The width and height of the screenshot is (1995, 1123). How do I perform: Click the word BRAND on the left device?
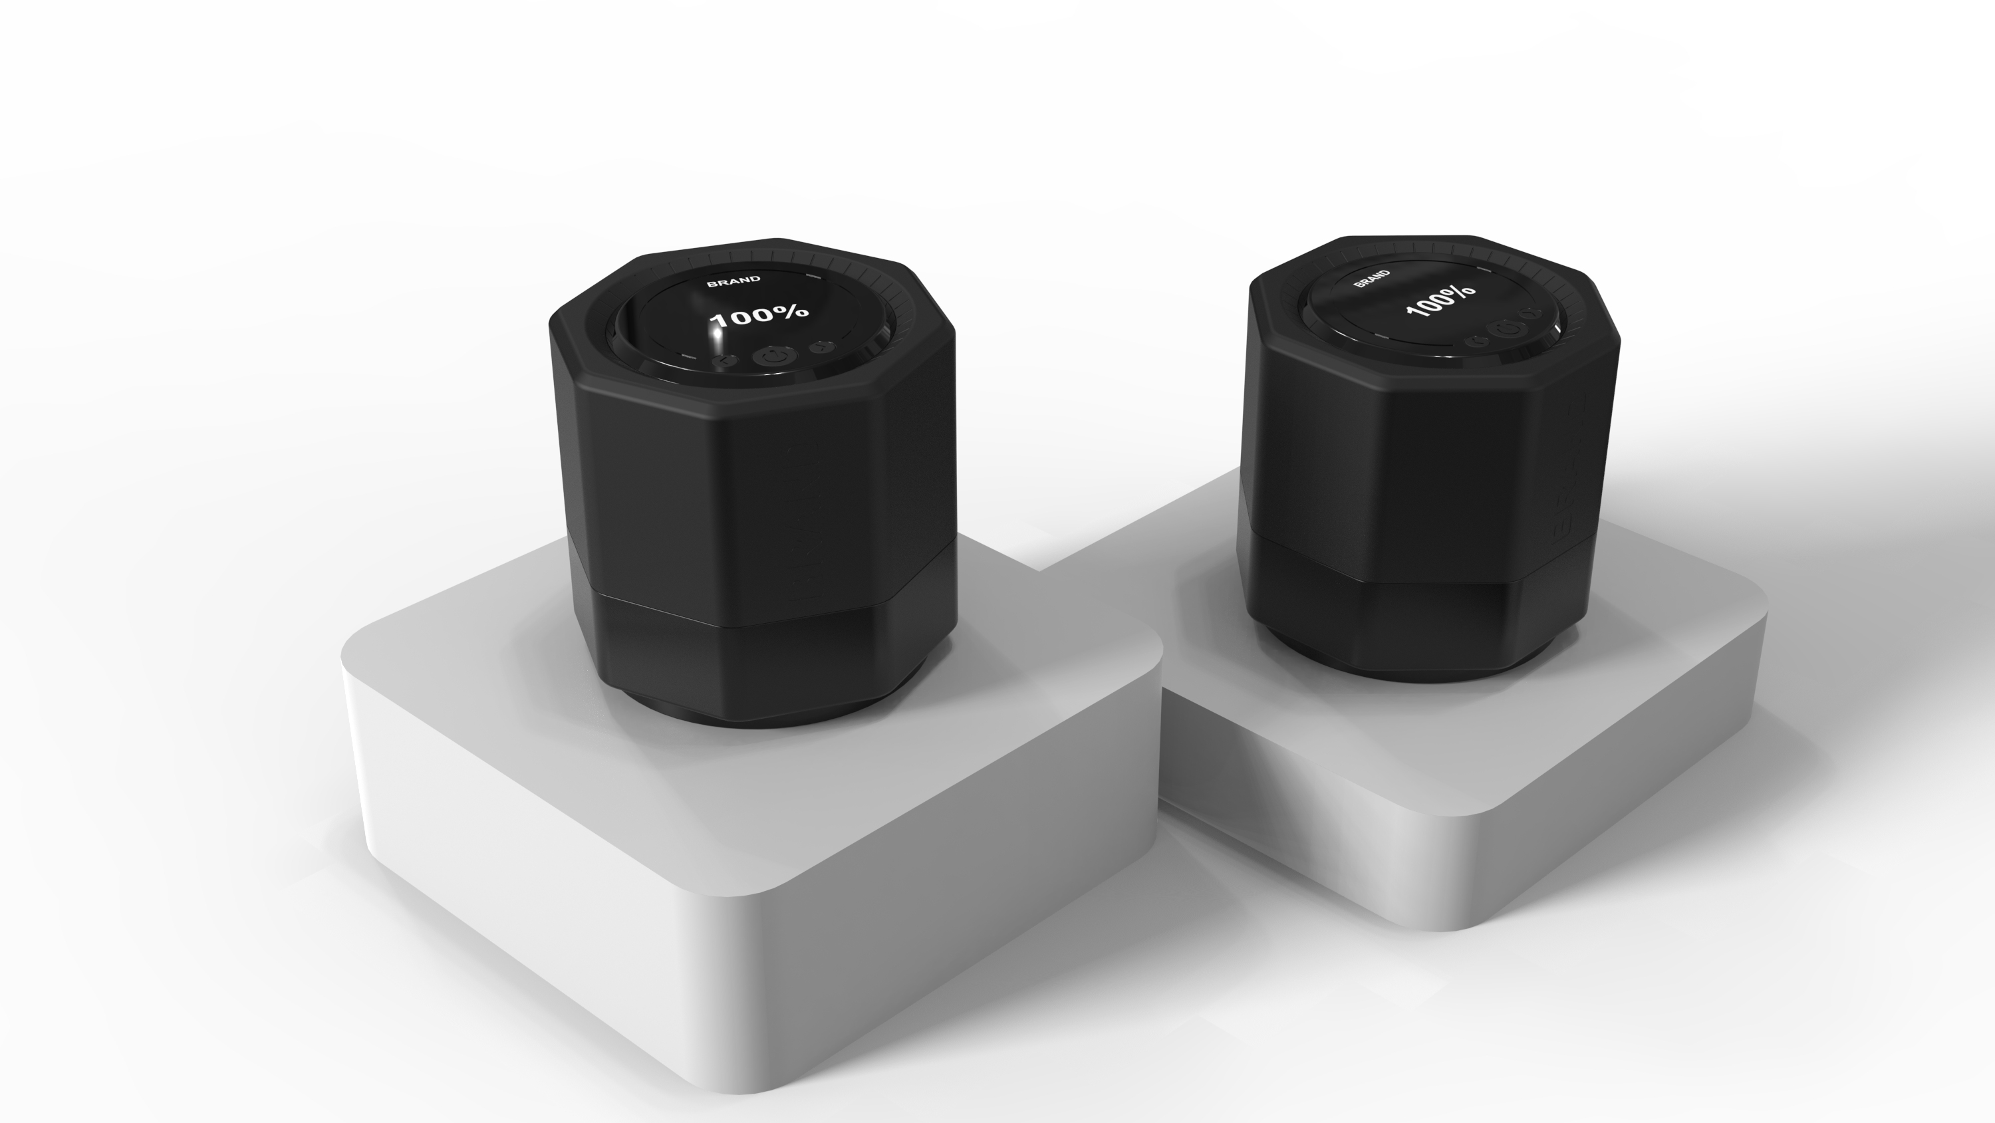[733, 281]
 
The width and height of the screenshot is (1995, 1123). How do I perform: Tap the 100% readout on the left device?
[759, 315]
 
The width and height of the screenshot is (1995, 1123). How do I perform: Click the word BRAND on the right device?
[1371, 279]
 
